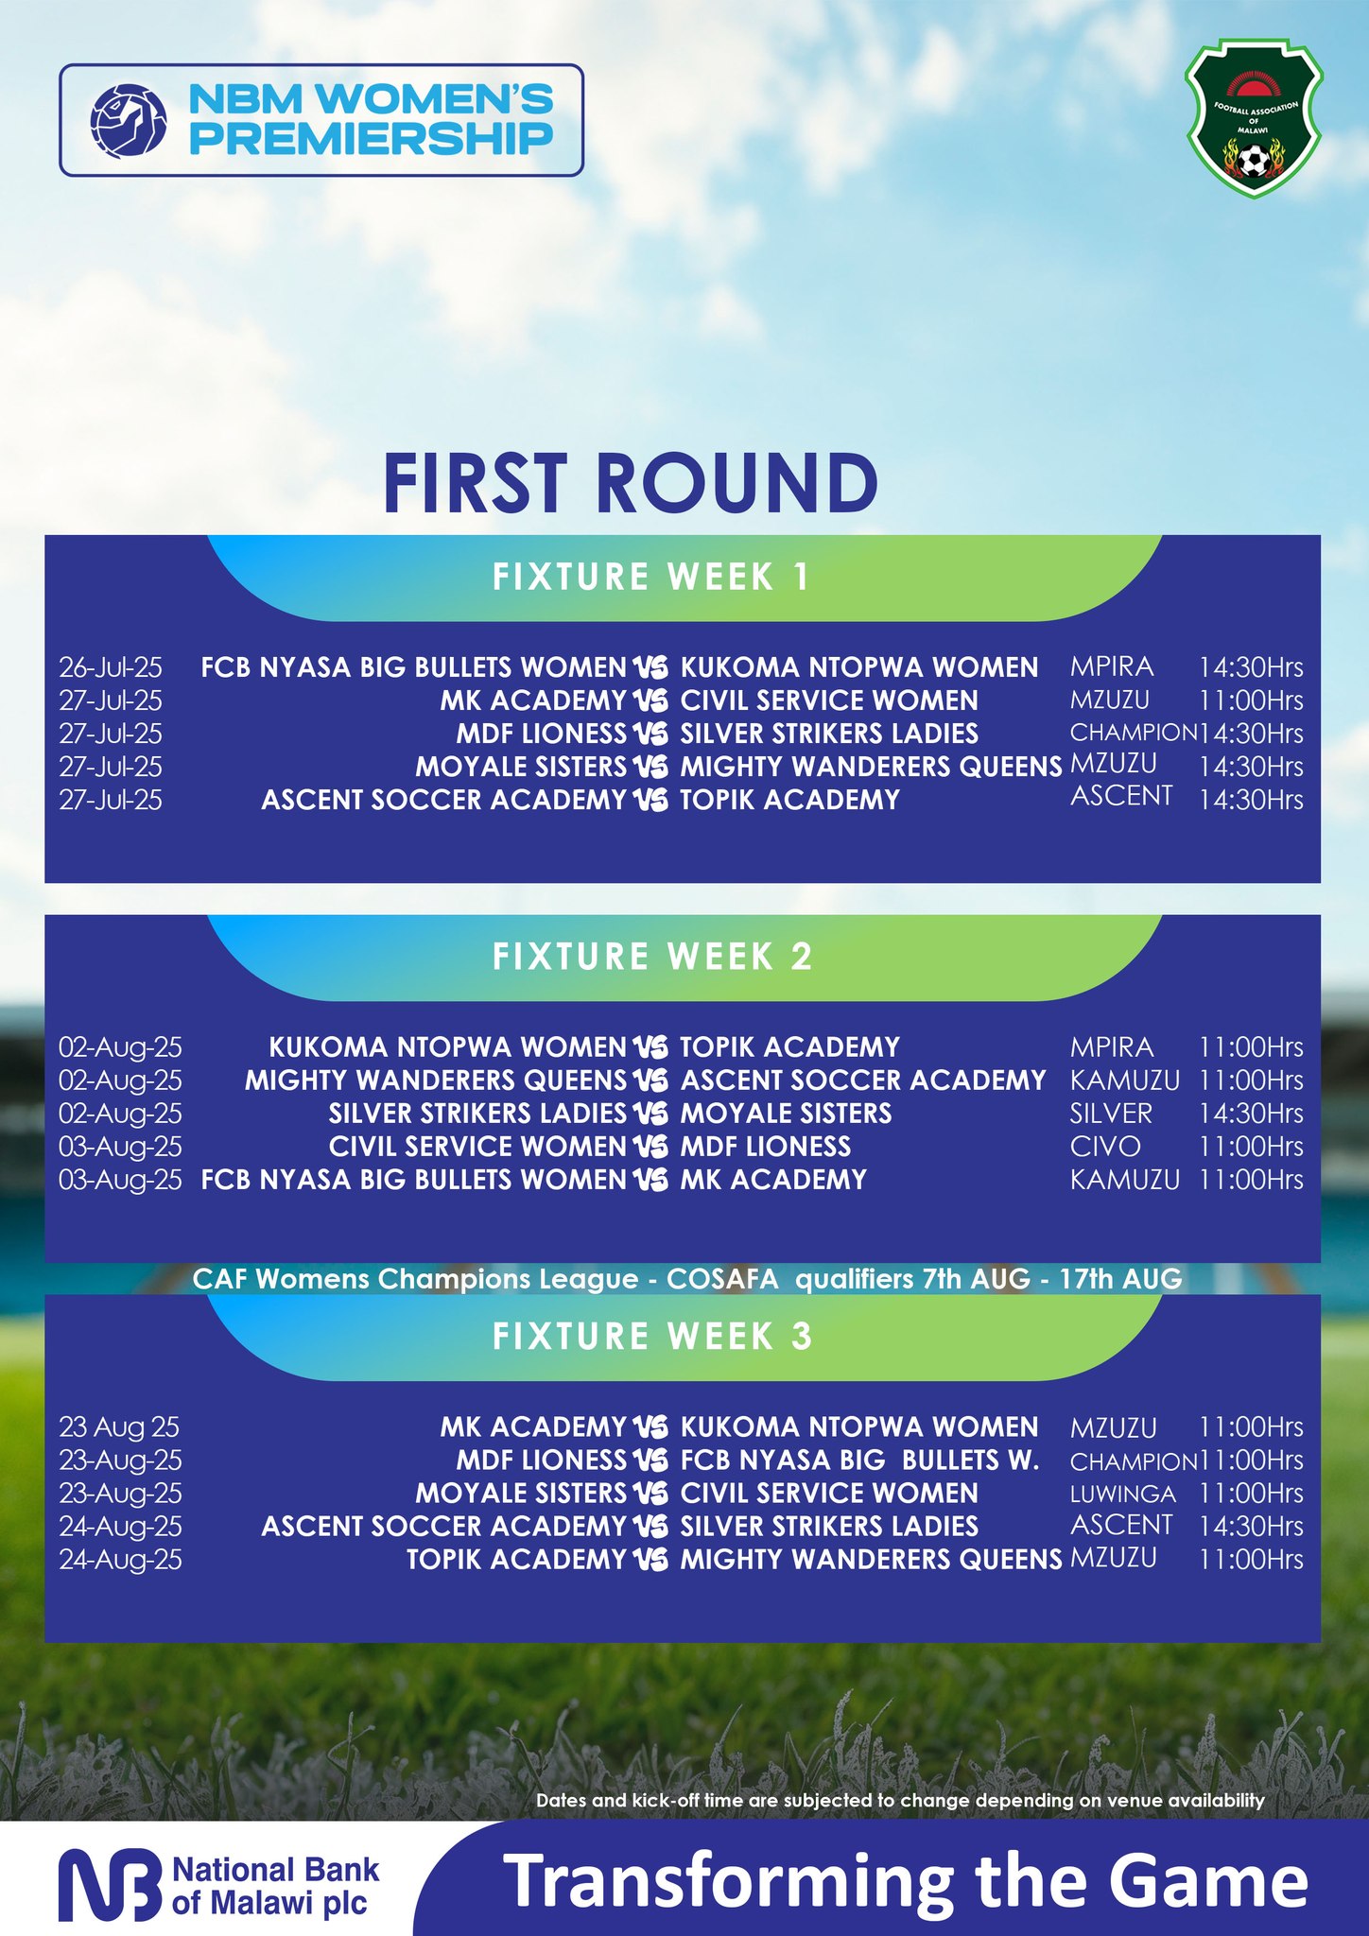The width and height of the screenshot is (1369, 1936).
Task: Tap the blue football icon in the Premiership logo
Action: coord(129,120)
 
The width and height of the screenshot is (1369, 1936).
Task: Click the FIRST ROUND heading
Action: coord(631,483)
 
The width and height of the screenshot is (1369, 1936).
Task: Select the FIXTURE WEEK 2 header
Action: coord(652,957)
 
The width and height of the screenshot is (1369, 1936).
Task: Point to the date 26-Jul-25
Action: coord(111,667)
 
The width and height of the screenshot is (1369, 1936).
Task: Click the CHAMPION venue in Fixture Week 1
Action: coord(1134,733)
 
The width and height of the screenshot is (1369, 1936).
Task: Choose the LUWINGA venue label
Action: coord(1123,1494)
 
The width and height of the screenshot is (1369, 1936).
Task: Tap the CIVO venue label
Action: coord(1105,1147)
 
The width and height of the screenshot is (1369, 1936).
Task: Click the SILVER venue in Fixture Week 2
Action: coord(1111,1114)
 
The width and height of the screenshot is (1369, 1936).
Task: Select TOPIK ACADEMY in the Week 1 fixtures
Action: coord(790,800)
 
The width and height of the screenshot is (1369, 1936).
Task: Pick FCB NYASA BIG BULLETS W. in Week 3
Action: coord(860,1461)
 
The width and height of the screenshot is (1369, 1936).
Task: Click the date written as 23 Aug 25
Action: coord(119,1427)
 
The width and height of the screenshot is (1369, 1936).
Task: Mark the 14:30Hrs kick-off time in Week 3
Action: coord(1251,1527)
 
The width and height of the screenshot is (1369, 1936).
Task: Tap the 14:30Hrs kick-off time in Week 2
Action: coord(1251,1114)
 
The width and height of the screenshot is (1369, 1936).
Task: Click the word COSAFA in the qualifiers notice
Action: coord(722,1279)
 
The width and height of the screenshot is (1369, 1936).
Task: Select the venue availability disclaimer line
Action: coord(900,1801)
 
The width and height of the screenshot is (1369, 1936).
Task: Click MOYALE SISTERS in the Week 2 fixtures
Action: coord(787,1114)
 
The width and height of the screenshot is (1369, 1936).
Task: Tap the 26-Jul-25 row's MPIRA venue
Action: coord(1112,667)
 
